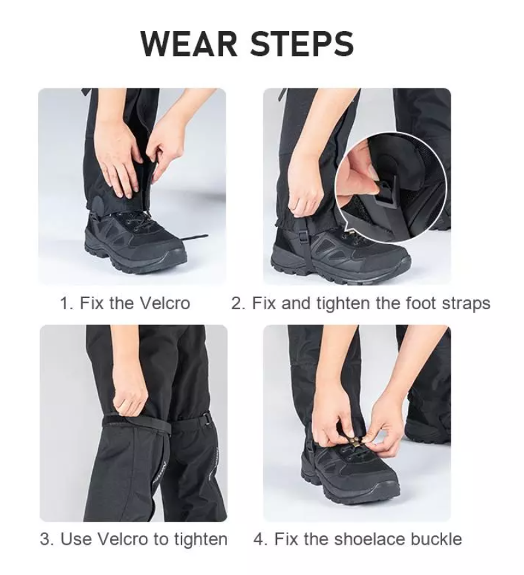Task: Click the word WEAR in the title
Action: [189, 44]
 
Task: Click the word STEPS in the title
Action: [301, 44]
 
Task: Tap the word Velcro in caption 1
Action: [164, 303]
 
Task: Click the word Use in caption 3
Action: [76, 539]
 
